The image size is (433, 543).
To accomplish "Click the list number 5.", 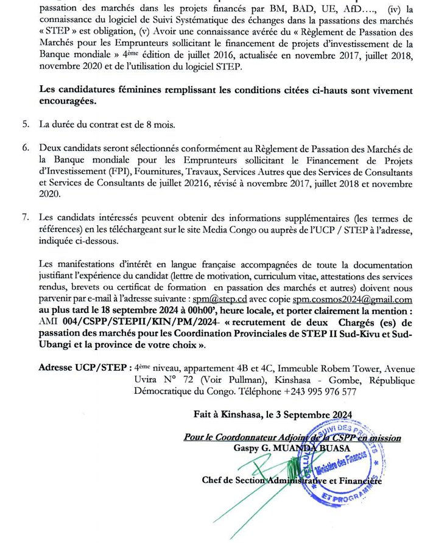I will coord(26,125).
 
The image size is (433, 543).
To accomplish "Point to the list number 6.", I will coord(26,149).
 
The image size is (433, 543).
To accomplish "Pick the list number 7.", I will coord(26,218).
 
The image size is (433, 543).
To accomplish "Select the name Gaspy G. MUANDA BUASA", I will coord(292,448).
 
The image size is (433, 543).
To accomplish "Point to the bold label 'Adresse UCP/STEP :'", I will coord(85,368).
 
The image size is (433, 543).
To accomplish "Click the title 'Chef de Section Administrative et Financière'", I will coord(292,480).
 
